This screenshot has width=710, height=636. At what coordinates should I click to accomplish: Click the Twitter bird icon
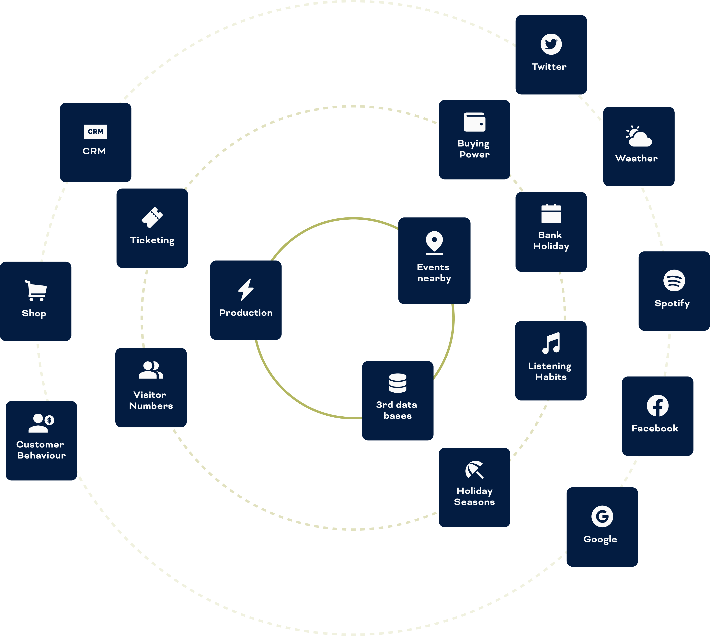(x=551, y=44)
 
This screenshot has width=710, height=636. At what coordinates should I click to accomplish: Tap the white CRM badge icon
(x=95, y=132)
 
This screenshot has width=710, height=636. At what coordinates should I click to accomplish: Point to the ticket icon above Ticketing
(x=152, y=217)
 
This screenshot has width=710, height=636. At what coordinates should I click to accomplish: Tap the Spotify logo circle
(x=674, y=280)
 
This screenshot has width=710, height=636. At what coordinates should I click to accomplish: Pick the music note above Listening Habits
(x=551, y=343)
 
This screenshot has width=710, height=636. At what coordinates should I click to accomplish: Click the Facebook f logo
(x=658, y=406)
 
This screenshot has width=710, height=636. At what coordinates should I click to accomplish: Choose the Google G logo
(x=602, y=516)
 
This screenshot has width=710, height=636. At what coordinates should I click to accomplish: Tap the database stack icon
(x=398, y=383)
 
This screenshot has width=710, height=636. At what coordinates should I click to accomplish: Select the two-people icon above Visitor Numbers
(x=151, y=370)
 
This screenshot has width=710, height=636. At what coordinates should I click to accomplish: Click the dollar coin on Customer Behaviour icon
(x=49, y=420)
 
